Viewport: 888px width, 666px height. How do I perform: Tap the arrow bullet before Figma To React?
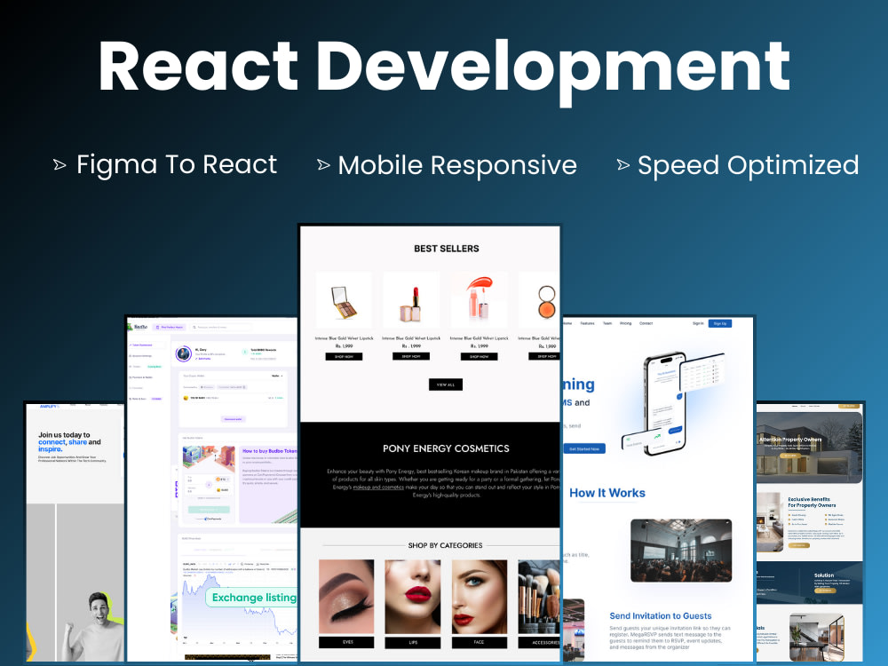[x=59, y=164]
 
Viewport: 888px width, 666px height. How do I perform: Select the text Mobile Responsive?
[x=457, y=165]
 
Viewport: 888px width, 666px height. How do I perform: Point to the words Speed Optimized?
[x=748, y=165]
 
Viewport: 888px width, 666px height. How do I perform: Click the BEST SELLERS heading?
[x=446, y=249]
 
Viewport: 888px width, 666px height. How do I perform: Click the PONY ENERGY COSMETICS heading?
[x=446, y=448]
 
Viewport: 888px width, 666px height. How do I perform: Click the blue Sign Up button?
[x=719, y=323]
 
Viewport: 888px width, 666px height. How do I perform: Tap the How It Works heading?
[x=607, y=493]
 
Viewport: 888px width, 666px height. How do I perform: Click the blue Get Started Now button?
[x=584, y=448]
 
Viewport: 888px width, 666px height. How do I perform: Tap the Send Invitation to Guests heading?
[x=660, y=615]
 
